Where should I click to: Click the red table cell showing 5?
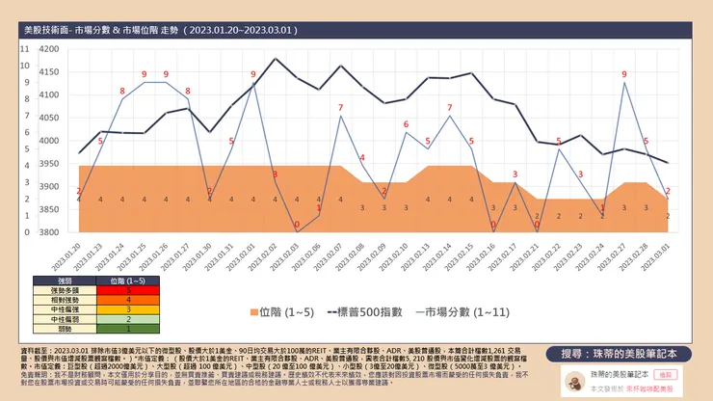click(x=129, y=289)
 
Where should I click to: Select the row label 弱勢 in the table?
click(x=60, y=329)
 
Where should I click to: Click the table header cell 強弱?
click(x=60, y=280)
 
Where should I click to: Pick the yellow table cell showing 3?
click(x=129, y=309)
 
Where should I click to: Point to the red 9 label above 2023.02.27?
click(x=624, y=74)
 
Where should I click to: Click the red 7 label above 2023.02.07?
click(x=340, y=107)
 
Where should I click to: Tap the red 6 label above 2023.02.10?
click(x=406, y=123)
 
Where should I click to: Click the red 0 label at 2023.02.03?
click(x=296, y=226)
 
